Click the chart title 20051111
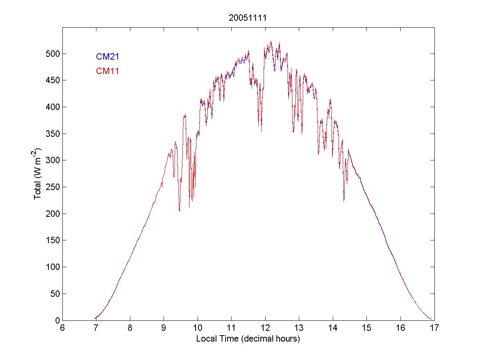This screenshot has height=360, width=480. point(248,18)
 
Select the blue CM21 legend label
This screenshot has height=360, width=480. point(107,57)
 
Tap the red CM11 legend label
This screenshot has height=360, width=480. point(107,71)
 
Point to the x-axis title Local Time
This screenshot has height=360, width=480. point(248,339)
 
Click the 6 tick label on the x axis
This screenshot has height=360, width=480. point(62,328)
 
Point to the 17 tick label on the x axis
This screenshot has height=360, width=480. point(434,328)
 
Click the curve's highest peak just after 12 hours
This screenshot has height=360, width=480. point(271,41)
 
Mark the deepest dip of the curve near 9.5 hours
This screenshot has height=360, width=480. point(180,211)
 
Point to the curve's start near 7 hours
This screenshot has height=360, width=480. point(95,318)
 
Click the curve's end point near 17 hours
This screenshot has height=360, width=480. point(431,319)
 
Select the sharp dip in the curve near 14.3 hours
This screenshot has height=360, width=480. point(344,200)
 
